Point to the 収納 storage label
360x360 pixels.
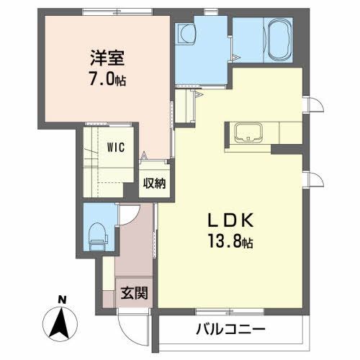154,183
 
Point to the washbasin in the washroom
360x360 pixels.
189,33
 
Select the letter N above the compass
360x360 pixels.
62,299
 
